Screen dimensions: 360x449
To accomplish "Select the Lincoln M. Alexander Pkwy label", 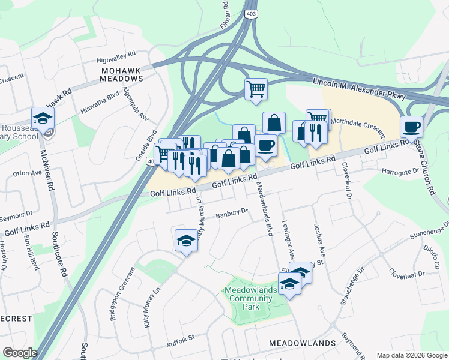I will pos(359,88).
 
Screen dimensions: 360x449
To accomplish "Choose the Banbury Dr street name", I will pos(232,213).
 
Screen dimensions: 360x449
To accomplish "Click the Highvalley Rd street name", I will pos(117,60).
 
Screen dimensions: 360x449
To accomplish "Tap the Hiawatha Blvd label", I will pos(100,103).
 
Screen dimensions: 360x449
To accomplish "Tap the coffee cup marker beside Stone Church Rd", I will pos(411,127).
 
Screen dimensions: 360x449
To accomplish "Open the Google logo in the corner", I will pos(20,353).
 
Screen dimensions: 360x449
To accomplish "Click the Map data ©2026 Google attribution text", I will pos(411,355).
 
